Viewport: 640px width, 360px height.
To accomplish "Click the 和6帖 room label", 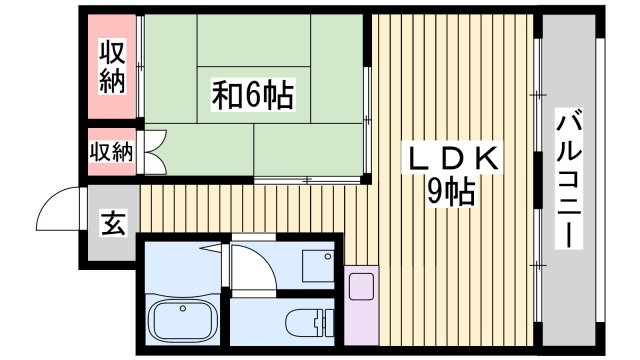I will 251,95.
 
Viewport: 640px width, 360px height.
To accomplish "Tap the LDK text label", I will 451,159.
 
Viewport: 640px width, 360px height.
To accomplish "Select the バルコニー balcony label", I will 566,181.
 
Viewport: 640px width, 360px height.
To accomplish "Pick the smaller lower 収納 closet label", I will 111,152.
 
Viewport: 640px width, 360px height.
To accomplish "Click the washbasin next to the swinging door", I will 318,263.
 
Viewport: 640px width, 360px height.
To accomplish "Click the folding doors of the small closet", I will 151,153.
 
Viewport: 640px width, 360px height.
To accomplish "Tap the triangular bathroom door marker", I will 212,245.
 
